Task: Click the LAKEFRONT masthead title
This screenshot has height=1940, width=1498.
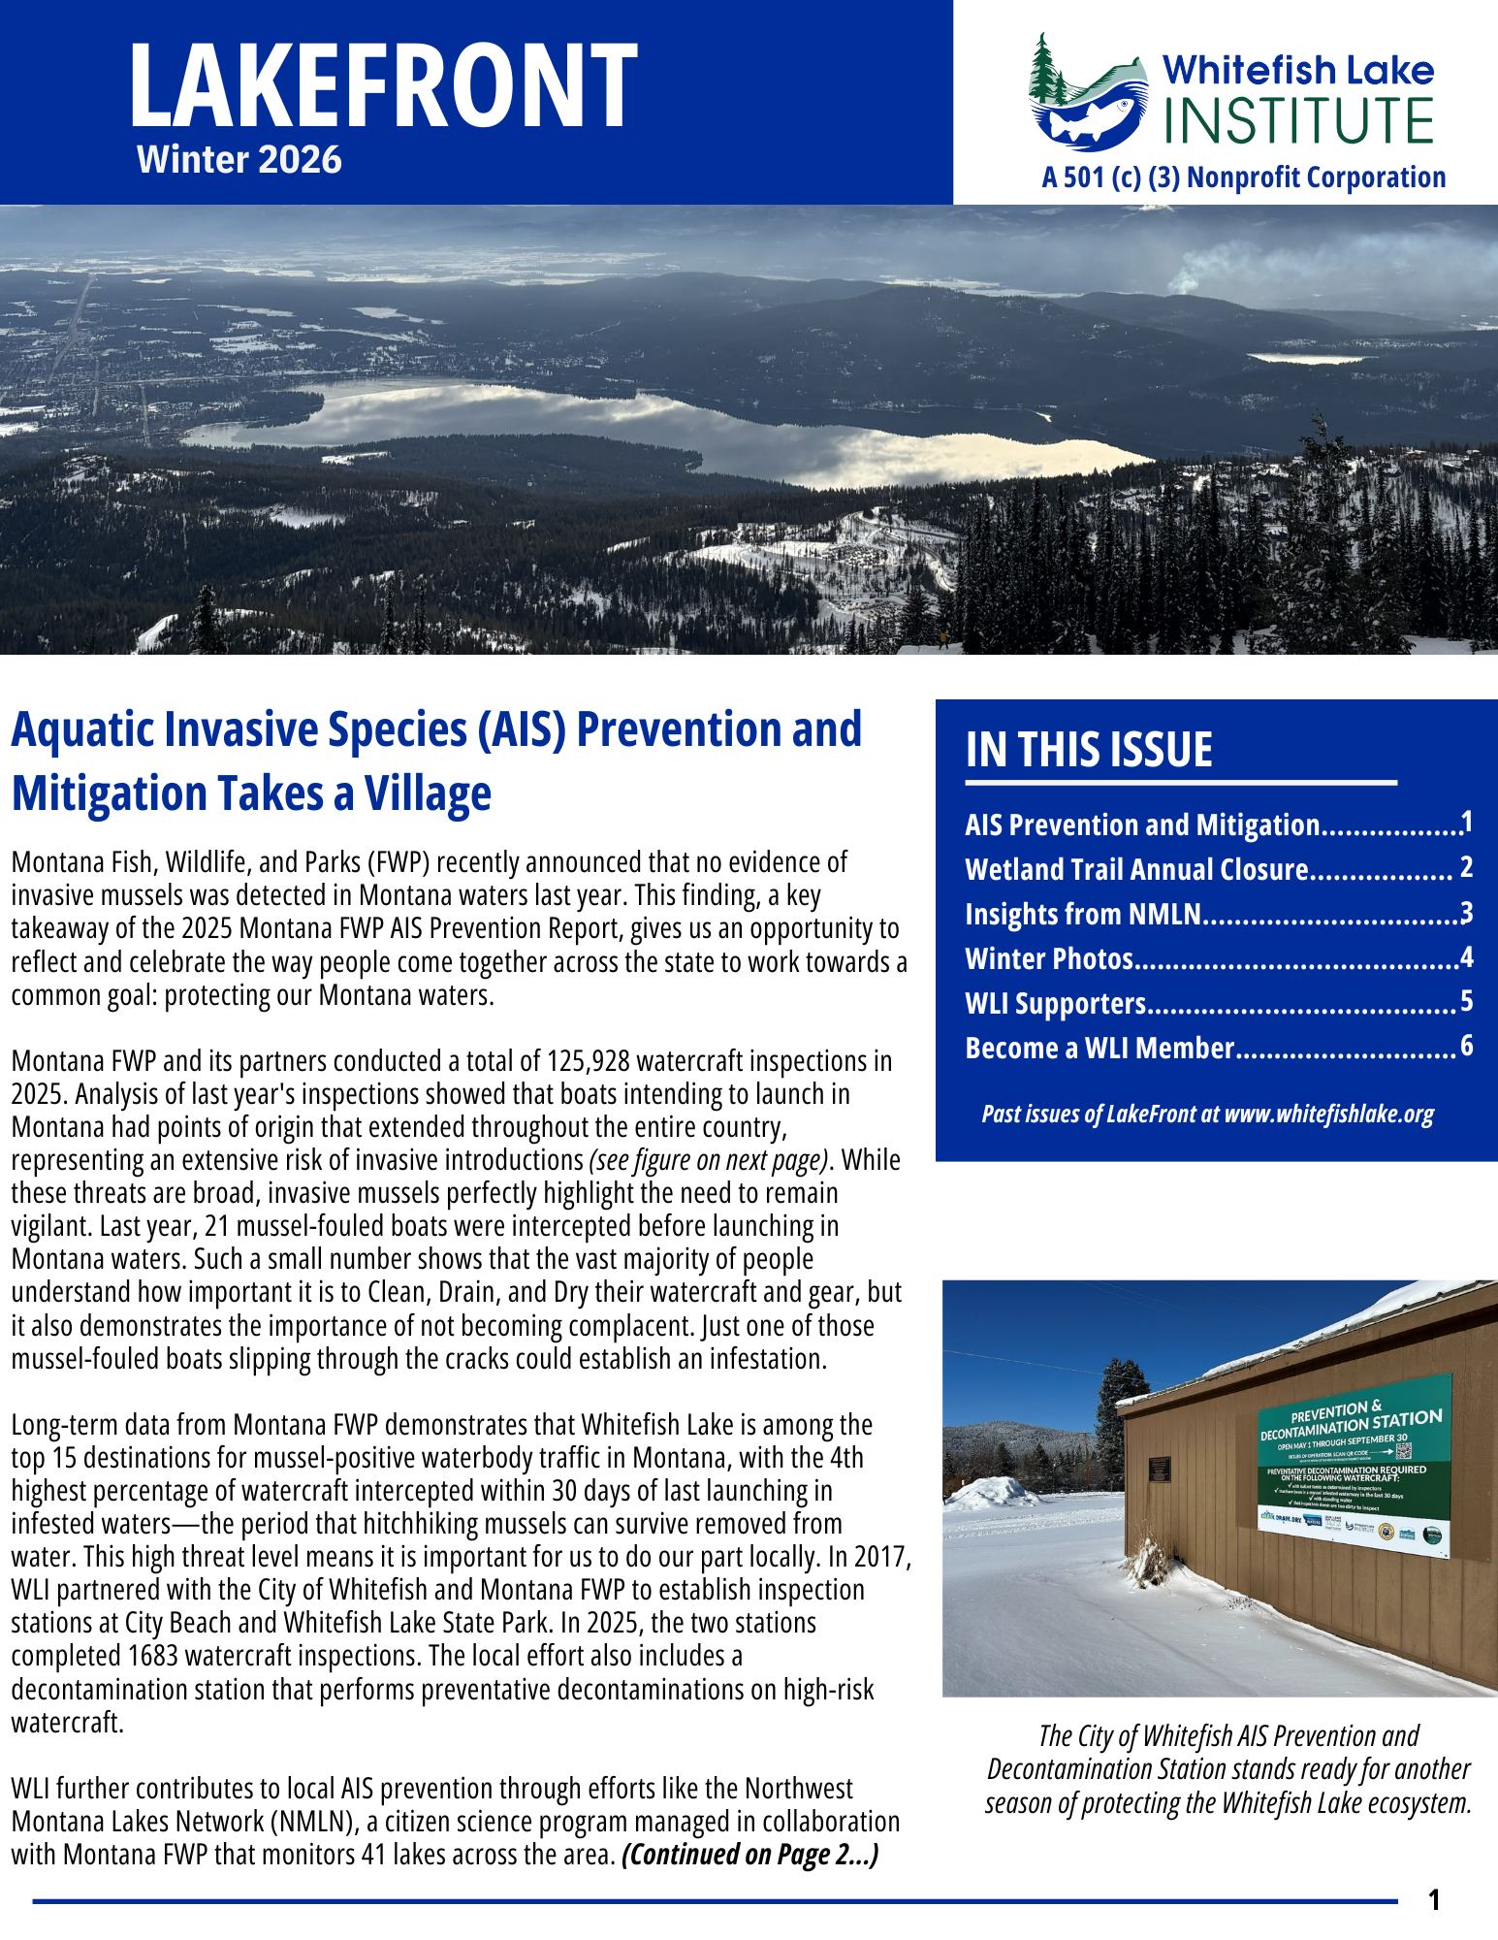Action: point(383,87)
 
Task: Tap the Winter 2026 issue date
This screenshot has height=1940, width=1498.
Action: point(239,160)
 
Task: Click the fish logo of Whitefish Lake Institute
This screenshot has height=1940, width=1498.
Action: point(1086,102)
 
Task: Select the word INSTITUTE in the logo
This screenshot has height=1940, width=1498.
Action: point(1298,121)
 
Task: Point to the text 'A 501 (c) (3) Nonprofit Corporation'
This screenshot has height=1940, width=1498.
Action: point(1244,178)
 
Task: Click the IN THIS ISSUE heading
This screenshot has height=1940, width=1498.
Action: point(1089,750)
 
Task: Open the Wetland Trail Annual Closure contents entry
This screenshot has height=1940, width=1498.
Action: point(1136,870)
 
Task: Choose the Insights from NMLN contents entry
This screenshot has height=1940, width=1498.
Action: point(1083,915)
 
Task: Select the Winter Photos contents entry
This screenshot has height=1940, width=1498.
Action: point(1049,959)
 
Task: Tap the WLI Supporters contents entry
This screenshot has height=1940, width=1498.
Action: point(1055,1004)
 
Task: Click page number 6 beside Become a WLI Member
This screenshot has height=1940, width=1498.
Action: point(1466,1047)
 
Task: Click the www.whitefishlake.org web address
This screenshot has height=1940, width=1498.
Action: point(1329,1114)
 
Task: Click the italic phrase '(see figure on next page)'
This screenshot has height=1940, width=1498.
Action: point(712,1161)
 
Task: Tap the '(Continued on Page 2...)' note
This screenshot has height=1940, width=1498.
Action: point(750,1855)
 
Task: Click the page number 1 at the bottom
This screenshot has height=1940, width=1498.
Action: point(1435,1900)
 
